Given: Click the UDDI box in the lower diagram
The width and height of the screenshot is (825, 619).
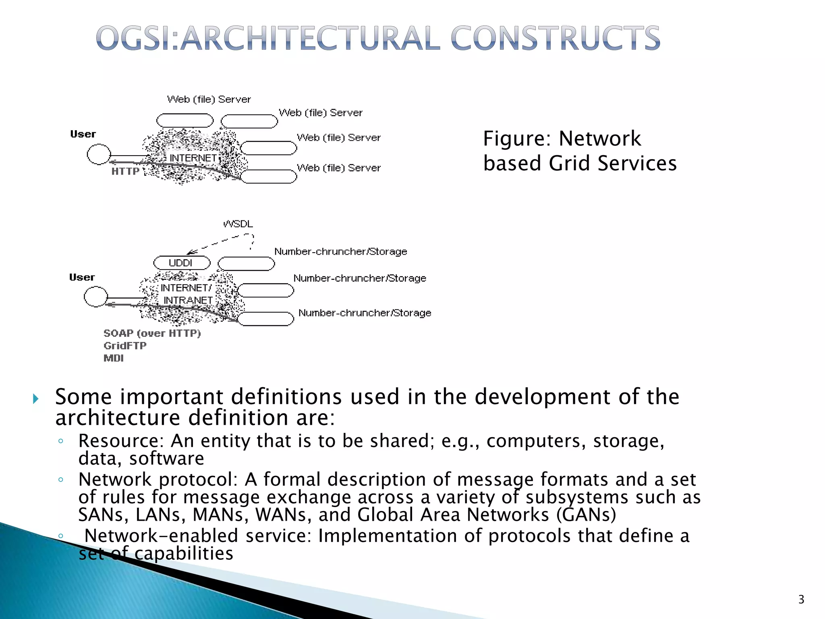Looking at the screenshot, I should point(182,263).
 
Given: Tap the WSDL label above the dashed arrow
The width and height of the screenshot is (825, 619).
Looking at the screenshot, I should point(238,224).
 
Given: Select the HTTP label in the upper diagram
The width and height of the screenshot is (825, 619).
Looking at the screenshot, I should point(125,172).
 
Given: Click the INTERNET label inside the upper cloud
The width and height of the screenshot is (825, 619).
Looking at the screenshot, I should point(193,158).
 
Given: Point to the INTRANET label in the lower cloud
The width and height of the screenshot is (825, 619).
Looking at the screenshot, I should point(188,301).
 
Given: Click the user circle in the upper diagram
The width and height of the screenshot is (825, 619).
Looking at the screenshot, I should point(99,154).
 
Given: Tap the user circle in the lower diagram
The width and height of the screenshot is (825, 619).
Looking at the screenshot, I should point(96,297).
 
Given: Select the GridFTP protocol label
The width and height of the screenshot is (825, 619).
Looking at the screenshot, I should point(125,346).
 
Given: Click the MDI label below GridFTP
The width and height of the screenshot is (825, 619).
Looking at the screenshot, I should point(114,358).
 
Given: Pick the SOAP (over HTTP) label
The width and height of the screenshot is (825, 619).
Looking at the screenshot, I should point(152,333).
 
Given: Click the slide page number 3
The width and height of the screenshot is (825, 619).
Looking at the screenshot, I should point(801,600).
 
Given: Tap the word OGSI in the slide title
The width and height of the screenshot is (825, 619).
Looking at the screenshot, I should point(135,39).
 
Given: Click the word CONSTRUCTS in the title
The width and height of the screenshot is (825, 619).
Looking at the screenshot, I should point(555,39).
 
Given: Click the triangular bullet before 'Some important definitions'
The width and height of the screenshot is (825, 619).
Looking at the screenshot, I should point(36,399).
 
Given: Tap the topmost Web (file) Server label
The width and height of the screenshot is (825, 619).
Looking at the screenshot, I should point(209,100).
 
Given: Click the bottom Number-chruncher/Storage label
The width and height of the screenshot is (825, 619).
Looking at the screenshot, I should point(365,313).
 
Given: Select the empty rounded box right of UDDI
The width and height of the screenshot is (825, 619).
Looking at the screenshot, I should point(246,264).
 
